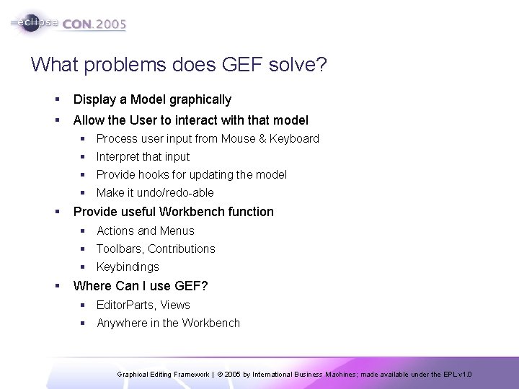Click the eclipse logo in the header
[x=36, y=22]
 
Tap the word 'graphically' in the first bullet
[x=200, y=99]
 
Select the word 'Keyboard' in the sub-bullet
[x=294, y=138]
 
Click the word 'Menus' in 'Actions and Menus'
[x=177, y=231]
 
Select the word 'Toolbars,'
[x=120, y=249]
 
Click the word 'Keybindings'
[x=128, y=267]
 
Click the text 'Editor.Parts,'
[x=127, y=305]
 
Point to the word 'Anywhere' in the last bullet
[x=120, y=323]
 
